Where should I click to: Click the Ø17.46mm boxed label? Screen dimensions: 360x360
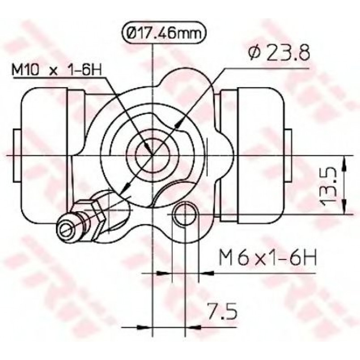point(164,33)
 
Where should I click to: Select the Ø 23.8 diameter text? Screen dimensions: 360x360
point(279,52)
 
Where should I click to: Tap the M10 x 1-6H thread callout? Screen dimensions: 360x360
point(57,70)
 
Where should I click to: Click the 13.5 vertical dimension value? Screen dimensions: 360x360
point(329,186)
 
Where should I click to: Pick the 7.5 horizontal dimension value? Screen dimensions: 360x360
point(222,311)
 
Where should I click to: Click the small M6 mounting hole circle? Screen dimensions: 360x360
point(185,215)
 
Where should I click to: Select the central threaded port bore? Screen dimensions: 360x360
point(152,156)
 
